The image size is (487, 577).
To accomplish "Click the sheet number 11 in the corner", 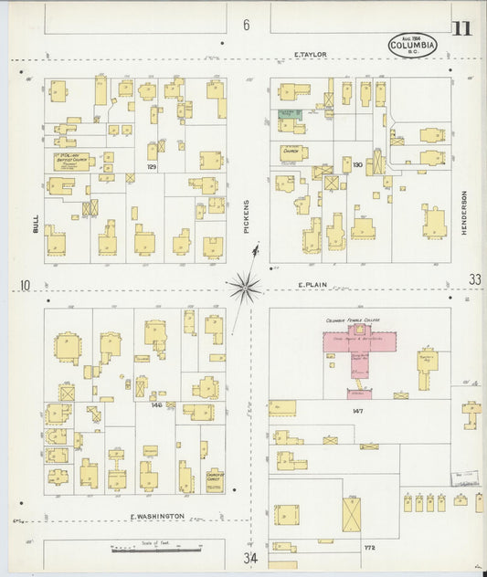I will pos(461,27).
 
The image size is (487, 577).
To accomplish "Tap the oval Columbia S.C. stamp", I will pos(413,45).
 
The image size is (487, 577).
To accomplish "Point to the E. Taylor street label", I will pos(311,55).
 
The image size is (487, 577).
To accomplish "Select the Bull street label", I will pos(35,222).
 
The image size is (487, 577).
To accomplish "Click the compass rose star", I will pos(244,288).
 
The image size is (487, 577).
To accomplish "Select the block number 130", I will pos(357,165).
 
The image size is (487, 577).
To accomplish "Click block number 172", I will pos(369,548).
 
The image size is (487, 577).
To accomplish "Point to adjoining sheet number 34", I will pos(249,557).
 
